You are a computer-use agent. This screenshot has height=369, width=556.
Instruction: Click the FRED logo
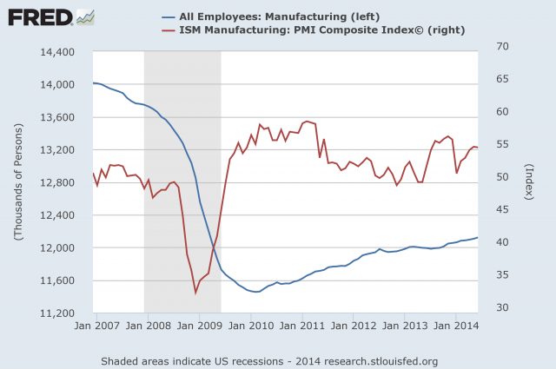(38, 17)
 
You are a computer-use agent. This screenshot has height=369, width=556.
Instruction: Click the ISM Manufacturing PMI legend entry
(308, 32)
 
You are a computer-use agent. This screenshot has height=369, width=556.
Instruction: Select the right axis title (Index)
(528, 182)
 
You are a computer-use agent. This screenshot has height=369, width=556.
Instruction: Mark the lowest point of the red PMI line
(195, 293)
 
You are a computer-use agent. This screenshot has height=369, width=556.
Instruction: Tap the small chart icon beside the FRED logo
(86, 16)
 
